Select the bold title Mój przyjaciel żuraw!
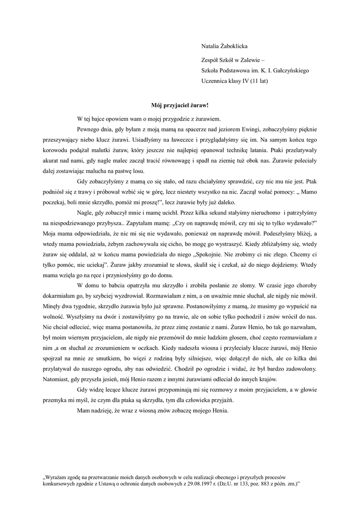(x=180, y=105)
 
